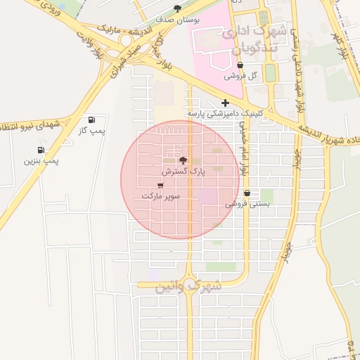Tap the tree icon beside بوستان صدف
pyautogui.click(x=177, y=9)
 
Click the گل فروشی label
pyautogui.click(x=240, y=76)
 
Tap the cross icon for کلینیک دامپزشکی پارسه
pyautogui.click(x=225, y=103)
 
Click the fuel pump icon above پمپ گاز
pyautogui.click(x=92, y=120)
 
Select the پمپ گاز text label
pyautogui.click(x=91, y=131)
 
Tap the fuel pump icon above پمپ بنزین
pyautogui.click(x=41, y=150)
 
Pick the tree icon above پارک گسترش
pyautogui.click(x=184, y=161)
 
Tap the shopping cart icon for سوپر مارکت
pyautogui.click(x=161, y=185)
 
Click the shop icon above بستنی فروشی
pyautogui.click(x=247, y=193)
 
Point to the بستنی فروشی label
pyautogui.click(x=247, y=204)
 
